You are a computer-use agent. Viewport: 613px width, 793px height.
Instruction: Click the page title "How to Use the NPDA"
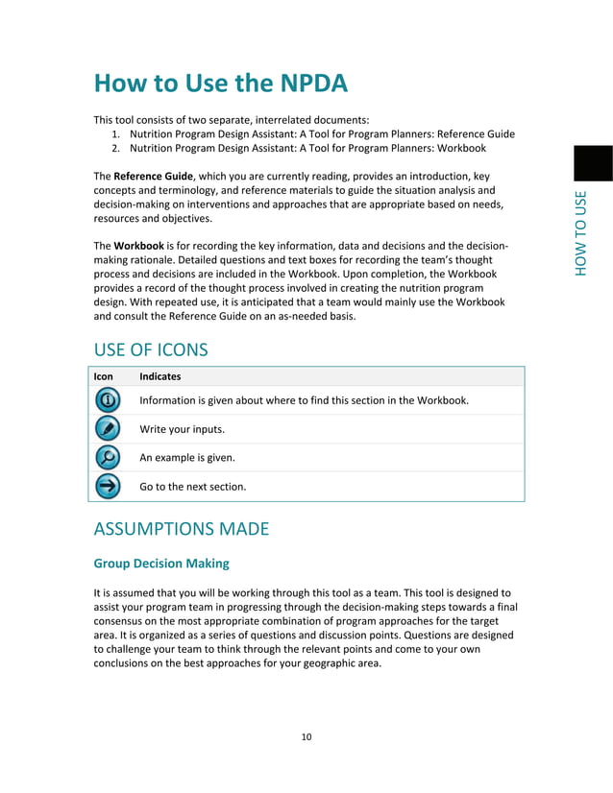click(220, 84)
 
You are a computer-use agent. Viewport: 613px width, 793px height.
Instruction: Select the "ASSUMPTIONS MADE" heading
click(181, 529)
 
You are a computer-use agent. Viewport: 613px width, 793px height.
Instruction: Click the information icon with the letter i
click(109, 400)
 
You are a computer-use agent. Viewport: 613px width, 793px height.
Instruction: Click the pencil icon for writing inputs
click(109, 429)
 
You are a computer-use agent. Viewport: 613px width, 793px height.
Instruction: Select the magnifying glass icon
click(109, 458)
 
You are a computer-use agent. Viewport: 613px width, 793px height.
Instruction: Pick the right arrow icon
click(109, 487)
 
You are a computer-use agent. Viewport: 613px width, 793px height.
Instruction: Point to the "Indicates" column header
click(159, 377)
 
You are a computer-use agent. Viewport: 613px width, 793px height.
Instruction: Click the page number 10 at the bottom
click(306, 737)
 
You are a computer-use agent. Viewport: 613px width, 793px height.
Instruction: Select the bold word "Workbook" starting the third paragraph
click(141, 246)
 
